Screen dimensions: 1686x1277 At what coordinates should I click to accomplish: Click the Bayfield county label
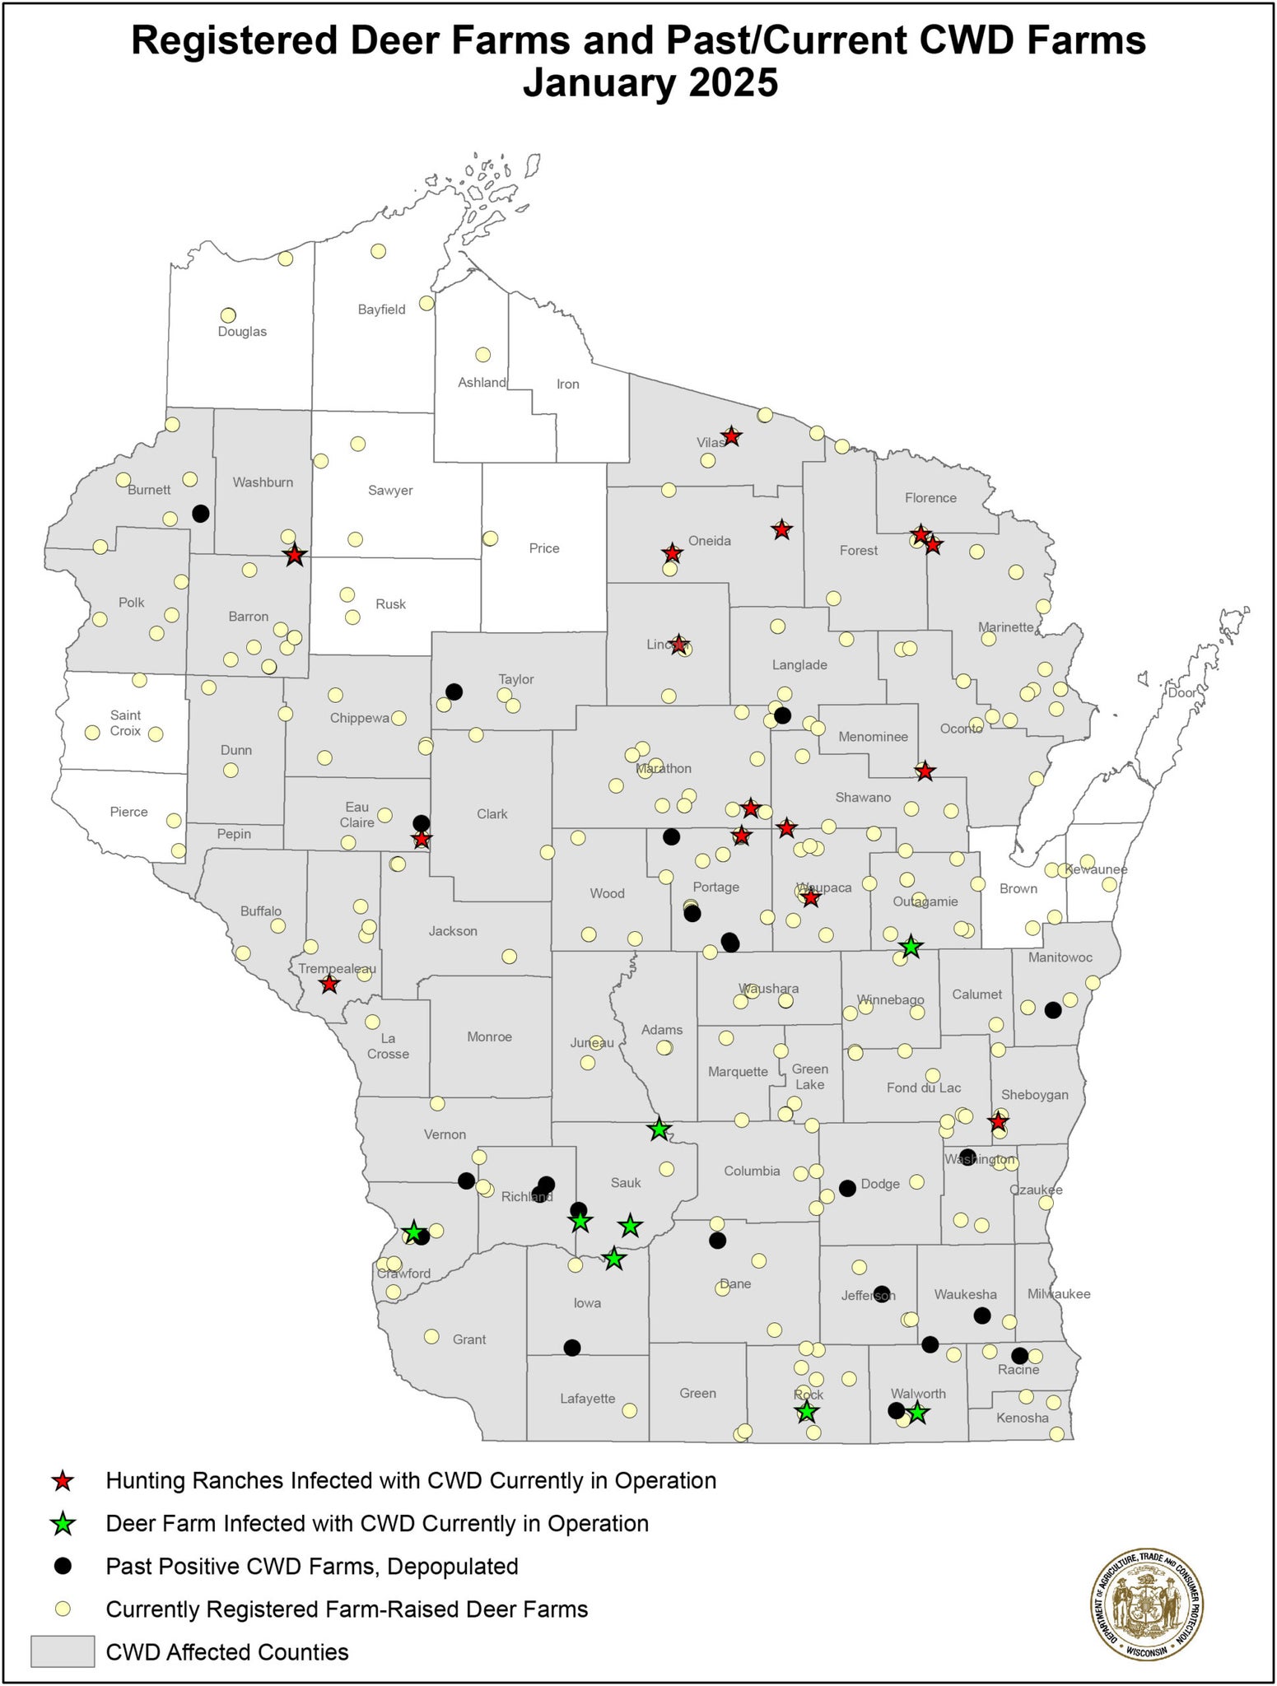381,310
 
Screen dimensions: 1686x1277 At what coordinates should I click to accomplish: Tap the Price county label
544,548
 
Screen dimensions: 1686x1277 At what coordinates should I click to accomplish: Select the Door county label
1182,692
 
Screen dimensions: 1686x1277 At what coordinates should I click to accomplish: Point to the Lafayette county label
587,1398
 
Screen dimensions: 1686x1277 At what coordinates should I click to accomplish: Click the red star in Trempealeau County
329,984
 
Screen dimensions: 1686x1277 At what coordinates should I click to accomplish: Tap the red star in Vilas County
731,436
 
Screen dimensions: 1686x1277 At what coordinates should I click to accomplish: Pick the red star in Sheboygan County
998,1121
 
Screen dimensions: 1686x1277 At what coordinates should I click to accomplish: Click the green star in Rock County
807,1412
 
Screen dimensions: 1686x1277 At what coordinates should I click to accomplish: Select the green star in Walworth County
918,1414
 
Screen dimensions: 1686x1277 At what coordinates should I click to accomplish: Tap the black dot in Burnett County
200,513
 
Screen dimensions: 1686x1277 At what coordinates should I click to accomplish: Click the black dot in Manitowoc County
1052,1010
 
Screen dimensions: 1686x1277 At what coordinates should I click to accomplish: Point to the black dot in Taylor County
454,692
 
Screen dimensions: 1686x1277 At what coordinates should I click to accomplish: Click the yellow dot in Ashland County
483,355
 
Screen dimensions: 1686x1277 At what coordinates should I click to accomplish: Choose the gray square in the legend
63,1651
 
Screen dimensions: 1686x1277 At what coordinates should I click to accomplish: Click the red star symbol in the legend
63,1482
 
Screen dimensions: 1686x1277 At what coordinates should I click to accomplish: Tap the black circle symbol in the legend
63,1567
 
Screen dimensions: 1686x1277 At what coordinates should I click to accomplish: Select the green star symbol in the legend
63,1525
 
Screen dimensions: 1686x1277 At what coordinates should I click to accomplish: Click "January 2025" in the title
650,84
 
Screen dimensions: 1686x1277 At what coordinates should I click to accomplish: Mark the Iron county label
568,384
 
